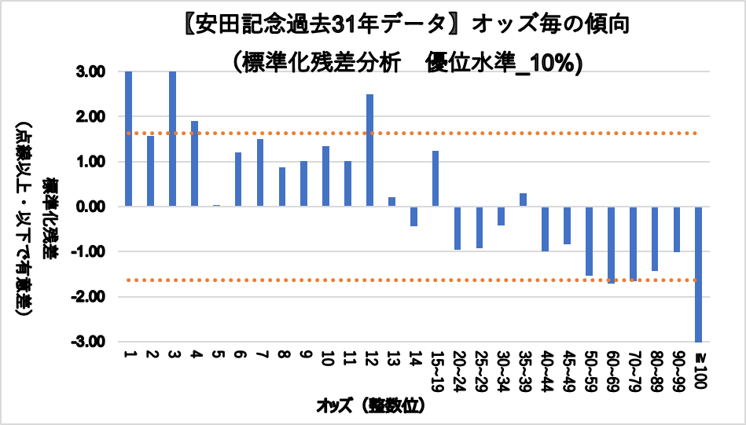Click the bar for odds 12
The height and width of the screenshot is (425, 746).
pos(369,150)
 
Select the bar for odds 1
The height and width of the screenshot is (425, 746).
pos(128,139)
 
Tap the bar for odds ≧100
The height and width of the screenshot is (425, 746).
pos(697,274)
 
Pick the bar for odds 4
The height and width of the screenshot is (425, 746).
pos(194,164)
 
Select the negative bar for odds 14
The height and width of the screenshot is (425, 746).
pos(413,216)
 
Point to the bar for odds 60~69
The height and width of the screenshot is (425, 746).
pos(611,244)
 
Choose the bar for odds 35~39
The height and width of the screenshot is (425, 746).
pos(523,200)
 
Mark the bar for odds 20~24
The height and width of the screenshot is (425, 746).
pos(457,228)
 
